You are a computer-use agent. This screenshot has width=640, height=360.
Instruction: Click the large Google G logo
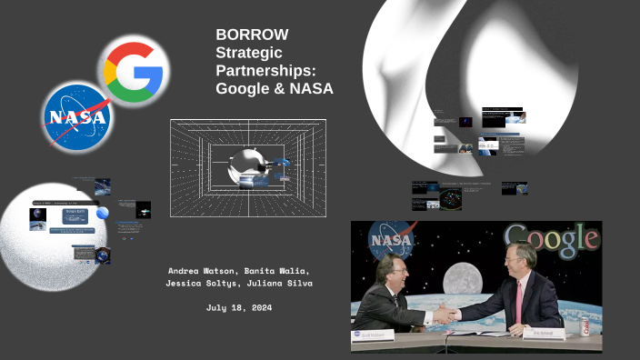coord(134,70)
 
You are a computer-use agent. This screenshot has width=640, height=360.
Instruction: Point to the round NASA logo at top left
coord(77,116)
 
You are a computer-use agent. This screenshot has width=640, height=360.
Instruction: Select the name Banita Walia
coord(284,271)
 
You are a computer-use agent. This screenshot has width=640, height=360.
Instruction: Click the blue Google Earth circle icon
coord(103,213)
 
